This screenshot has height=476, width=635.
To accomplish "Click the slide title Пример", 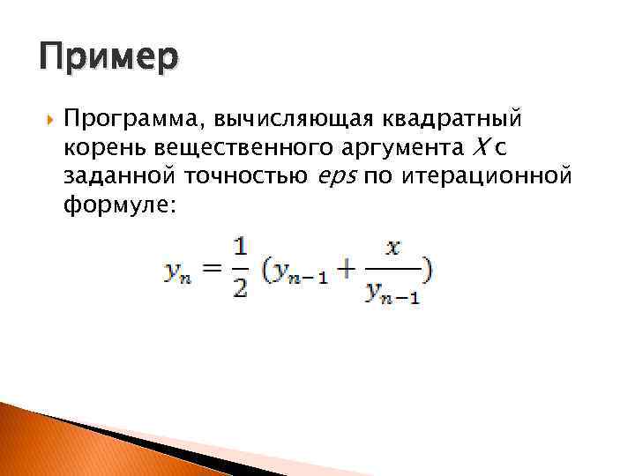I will click(x=108, y=59).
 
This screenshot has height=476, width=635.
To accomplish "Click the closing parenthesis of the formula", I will click(x=427, y=270).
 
